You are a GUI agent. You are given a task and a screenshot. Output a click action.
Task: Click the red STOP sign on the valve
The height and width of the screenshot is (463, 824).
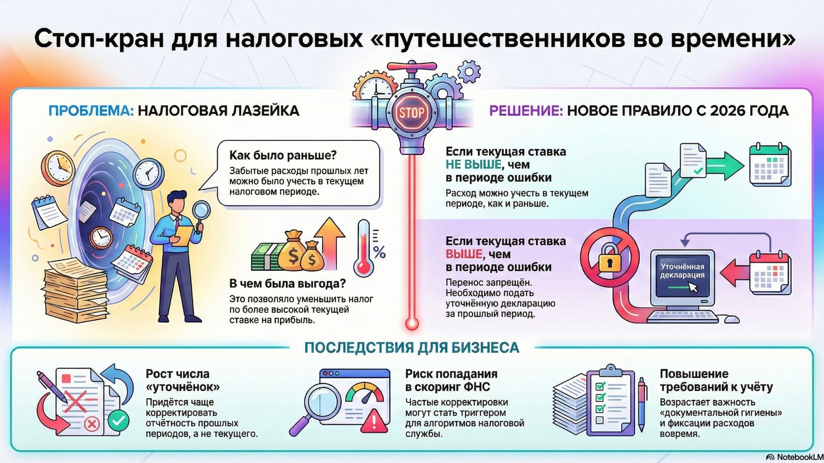point(411,113)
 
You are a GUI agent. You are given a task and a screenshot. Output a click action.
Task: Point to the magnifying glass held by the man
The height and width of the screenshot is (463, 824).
point(201,211)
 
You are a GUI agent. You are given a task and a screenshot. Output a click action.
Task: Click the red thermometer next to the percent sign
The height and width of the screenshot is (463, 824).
point(364,249)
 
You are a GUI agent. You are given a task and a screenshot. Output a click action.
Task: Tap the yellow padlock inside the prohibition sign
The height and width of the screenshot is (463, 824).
point(609,259)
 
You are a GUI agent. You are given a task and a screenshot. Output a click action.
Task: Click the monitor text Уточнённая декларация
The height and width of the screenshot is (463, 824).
point(682,271)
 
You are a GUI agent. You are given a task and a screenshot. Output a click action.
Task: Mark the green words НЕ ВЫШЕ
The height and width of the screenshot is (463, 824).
point(473,165)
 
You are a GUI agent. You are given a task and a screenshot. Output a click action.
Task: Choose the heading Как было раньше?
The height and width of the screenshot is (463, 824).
point(283,155)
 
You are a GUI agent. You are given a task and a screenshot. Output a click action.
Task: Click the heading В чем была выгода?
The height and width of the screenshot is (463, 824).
point(287,284)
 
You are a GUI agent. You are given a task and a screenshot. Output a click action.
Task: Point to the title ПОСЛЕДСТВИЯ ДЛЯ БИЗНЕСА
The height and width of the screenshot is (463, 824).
point(411,348)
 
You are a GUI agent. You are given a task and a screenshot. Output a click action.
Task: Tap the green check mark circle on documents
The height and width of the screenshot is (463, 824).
point(119,420)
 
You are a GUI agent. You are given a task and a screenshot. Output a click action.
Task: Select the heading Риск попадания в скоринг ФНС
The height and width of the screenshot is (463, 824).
point(451,380)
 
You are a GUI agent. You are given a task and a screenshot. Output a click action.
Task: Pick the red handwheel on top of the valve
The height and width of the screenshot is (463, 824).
point(411,67)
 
